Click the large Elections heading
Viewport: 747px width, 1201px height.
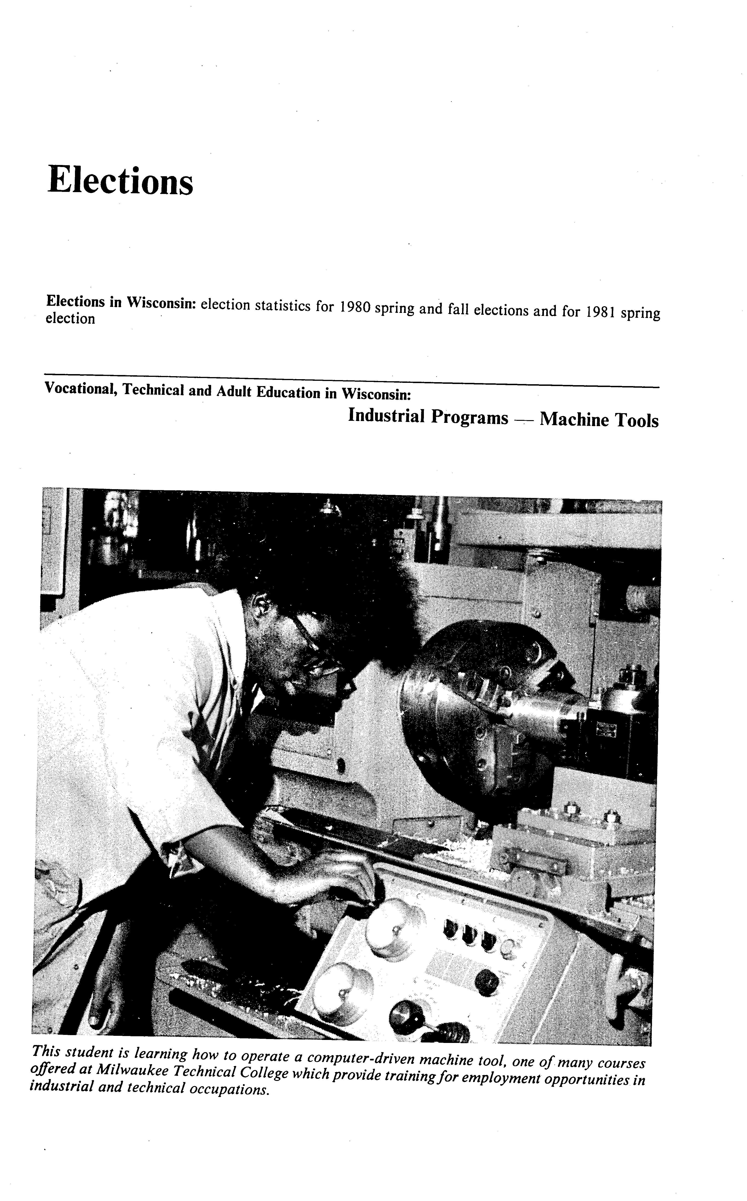pos(120,181)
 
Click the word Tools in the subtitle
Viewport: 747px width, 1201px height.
pos(637,421)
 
